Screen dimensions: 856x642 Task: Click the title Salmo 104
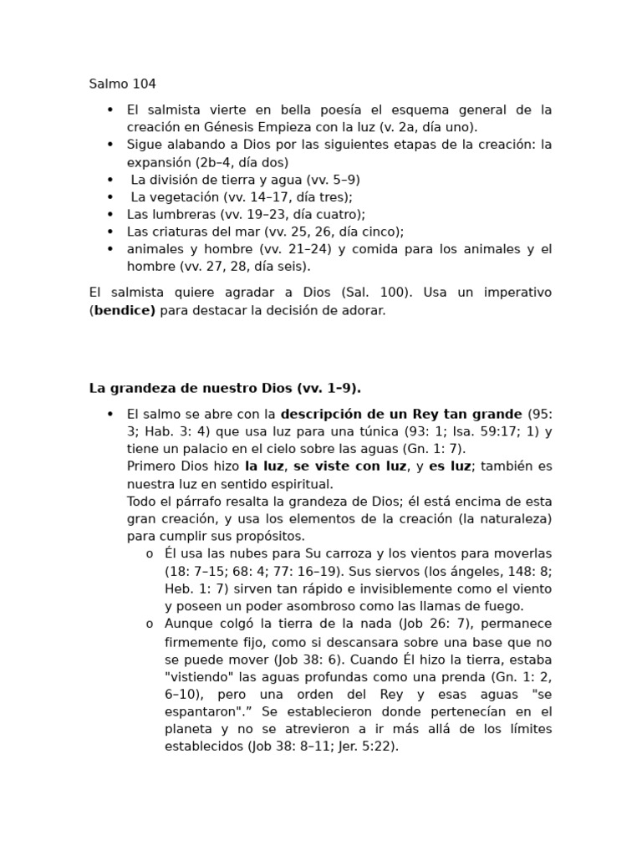[x=122, y=84]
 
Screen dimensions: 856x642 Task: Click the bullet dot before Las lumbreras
[x=110, y=214]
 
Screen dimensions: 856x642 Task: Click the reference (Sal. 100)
[x=375, y=293]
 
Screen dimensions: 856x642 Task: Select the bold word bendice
[x=125, y=310]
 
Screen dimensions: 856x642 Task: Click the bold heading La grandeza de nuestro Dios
[x=224, y=388]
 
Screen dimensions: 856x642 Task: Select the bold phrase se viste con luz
[x=349, y=466]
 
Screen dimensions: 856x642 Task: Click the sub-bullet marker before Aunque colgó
[x=149, y=624]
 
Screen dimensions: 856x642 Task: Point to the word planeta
[x=188, y=728]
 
